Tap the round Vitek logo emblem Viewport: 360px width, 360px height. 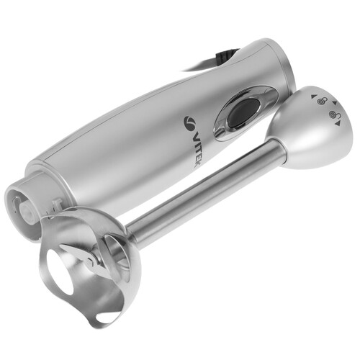coord(190,122)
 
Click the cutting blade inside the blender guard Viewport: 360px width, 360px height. coord(81,257)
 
